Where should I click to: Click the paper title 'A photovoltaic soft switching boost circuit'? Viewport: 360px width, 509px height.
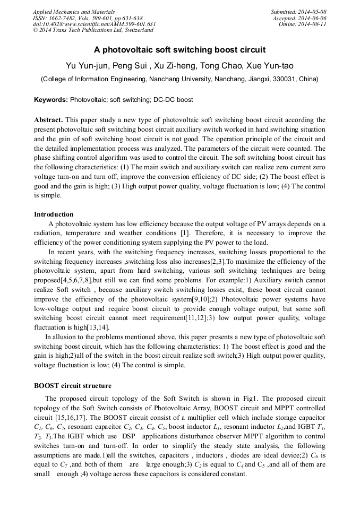coord(179,50)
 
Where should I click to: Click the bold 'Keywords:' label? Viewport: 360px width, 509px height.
coord(51,100)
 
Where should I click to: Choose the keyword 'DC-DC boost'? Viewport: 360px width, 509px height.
coord(173,100)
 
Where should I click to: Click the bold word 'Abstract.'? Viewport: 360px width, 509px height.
coord(49,120)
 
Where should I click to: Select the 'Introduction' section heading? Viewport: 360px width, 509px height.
coord(54,214)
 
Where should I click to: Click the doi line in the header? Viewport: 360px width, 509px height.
coord(94,24)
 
